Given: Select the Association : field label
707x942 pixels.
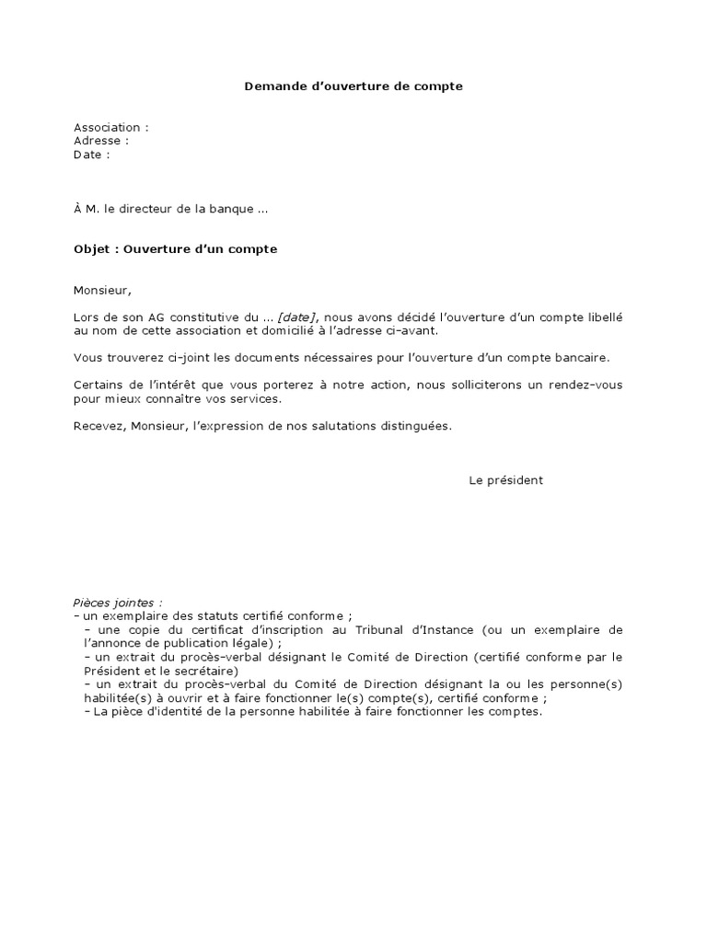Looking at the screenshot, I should pyautogui.click(x=110, y=127).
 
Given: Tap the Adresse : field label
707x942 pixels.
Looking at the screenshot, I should pyautogui.click(x=101, y=141).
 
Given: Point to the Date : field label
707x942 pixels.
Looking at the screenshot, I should pyautogui.click(x=92, y=155).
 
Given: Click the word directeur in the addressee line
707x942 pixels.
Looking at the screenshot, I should pyautogui.click(x=147, y=209).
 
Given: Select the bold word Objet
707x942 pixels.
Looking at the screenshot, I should pyautogui.click(x=91, y=249).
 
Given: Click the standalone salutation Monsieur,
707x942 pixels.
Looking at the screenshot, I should pyautogui.click(x=103, y=292).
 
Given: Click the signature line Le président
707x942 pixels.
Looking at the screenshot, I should pyautogui.click(x=506, y=480).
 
